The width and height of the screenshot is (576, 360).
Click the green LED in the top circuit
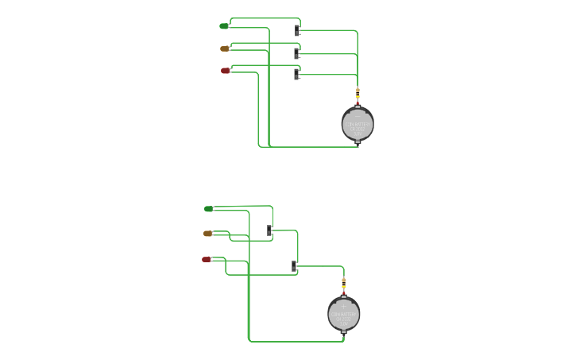click(x=224, y=26)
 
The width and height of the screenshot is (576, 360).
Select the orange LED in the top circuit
click(x=225, y=48)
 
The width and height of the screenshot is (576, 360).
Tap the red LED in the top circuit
click(x=226, y=71)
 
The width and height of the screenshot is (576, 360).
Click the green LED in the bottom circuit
click(x=209, y=209)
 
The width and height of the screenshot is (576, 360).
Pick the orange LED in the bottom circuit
click(x=208, y=234)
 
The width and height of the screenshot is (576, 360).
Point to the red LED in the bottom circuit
click(x=207, y=259)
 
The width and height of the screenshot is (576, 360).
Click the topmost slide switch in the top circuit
click(x=297, y=30)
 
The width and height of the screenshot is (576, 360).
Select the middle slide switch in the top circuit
click(x=297, y=53)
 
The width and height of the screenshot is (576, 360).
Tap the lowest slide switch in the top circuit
click(x=297, y=74)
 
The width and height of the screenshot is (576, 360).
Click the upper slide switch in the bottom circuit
click(x=270, y=230)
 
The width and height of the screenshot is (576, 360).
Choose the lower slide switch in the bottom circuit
click(x=294, y=266)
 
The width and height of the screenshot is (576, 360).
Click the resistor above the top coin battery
click(x=358, y=94)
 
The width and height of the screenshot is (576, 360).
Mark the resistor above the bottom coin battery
click(x=344, y=284)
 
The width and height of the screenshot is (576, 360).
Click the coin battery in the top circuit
click(x=358, y=124)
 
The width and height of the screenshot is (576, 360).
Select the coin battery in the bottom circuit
click(x=344, y=315)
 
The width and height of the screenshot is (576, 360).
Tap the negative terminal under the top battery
click(x=358, y=142)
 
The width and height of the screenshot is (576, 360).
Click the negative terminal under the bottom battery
click(x=344, y=332)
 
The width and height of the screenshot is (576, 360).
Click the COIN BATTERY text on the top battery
click(x=358, y=124)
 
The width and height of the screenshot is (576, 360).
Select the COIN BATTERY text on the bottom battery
click(x=344, y=315)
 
